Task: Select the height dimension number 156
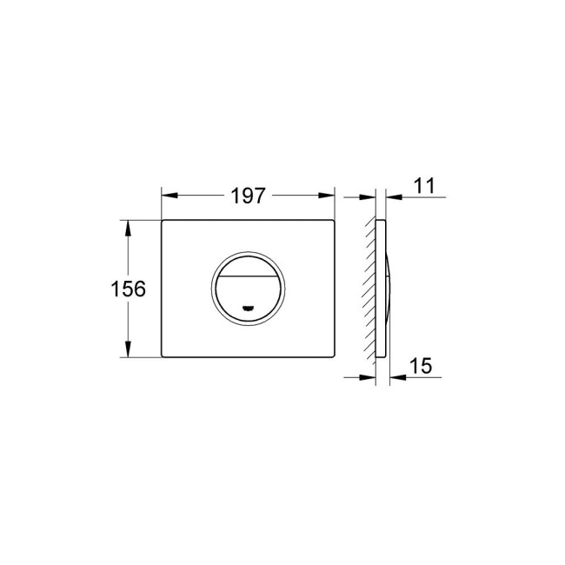(129, 289)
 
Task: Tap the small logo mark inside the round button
(249, 308)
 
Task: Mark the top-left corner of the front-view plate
(163, 222)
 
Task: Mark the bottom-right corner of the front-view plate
(335, 356)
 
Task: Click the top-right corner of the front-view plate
(335, 222)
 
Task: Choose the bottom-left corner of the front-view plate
(163, 356)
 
